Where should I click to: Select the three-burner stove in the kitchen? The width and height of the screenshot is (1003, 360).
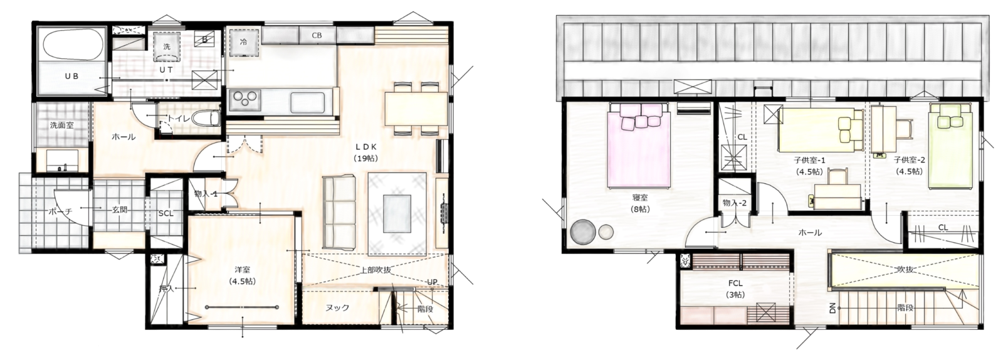(245, 100)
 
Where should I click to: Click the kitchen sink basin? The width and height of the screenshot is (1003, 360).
(307, 102)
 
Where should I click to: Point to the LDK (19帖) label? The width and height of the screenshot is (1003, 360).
(366, 152)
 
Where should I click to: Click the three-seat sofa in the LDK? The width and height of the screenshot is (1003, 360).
(339, 212)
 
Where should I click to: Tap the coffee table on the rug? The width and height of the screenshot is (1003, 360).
(397, 214)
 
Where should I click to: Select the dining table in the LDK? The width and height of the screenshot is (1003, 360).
(416, 109)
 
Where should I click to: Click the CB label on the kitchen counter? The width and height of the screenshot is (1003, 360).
(317, 36)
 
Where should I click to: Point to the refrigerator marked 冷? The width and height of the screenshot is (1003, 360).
(244, 43)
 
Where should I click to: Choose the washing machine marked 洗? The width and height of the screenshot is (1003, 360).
(167, 46)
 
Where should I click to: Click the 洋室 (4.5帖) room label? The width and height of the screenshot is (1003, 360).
(242, 275)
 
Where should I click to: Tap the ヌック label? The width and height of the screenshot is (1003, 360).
(337, 308)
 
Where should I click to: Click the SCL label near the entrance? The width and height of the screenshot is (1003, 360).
(165, 214)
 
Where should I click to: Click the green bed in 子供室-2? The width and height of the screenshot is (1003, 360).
(950, 146)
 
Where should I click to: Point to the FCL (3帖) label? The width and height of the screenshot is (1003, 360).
(735, 289)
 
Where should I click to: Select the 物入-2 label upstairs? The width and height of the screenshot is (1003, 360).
(735, 203)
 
